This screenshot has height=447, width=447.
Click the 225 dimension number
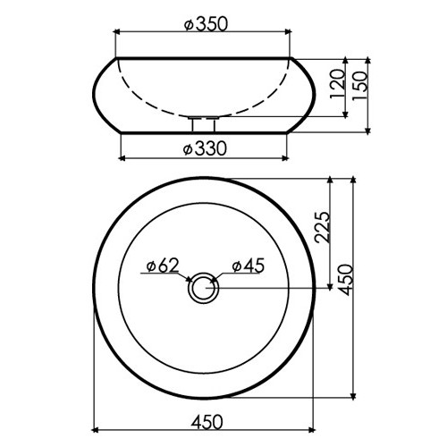tap(325, 230)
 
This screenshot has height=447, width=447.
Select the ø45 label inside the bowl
tap(249, 266)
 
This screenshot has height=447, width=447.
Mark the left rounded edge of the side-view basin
tap(97, 94)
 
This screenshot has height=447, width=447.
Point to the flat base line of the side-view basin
tap(206, 133)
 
